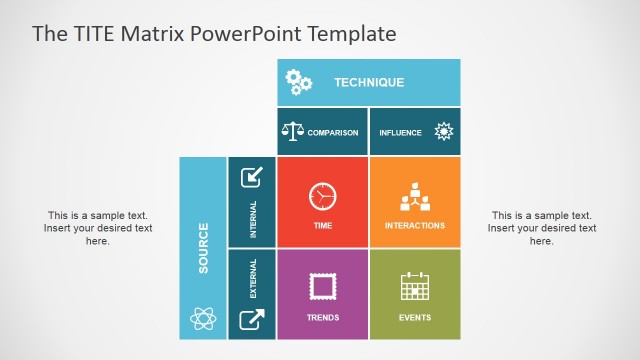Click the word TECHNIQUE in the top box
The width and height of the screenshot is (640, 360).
369,82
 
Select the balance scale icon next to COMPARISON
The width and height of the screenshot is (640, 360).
292,131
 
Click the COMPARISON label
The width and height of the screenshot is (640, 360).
332,132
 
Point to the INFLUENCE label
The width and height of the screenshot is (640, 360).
401,132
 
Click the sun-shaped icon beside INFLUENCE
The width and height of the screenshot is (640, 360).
444,131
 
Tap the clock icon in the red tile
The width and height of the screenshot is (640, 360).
322,195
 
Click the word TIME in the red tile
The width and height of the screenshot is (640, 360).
322,226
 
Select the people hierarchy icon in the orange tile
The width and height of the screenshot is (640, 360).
414,198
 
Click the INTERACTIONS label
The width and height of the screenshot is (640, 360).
414,226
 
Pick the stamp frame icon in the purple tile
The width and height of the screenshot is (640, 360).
322,287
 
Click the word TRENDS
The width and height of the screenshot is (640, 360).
322,318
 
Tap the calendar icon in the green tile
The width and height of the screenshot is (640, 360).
414,287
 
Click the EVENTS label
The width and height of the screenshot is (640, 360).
414,318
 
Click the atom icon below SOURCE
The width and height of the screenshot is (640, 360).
203,320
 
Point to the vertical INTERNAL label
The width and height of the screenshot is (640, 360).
253,220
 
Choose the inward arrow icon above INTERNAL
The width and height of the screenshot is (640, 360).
252,177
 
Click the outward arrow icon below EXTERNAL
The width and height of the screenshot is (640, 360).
252,320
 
